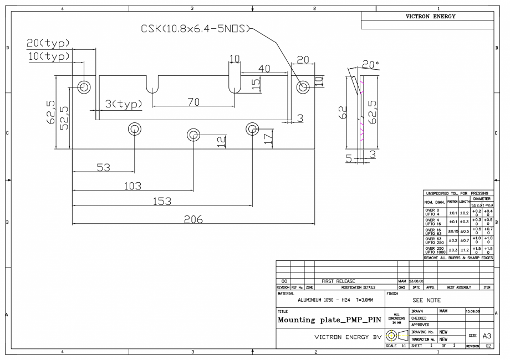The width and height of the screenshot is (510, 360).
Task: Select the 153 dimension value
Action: [161, 202]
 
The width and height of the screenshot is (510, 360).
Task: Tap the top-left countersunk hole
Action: [84, 87]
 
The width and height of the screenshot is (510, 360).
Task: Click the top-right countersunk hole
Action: [303, 87]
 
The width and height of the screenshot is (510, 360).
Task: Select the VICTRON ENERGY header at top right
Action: [427, 17]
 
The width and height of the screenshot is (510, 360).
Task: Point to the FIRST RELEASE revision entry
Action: [339, 281]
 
